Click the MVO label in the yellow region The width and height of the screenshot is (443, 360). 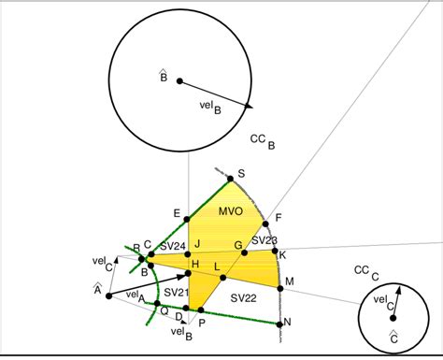point(231,211)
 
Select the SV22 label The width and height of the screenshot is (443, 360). point(243,297)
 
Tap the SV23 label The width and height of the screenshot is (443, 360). point(264,241)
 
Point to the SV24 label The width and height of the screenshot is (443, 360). point(172,247)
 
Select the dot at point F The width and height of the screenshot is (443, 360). point(266,222)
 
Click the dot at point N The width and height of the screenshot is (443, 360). point(279,324)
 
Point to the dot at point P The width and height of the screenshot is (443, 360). point(189,313)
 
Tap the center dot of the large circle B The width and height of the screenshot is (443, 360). point(180,80)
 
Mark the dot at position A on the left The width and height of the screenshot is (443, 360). point(109,296)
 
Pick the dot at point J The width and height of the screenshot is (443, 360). point(189,253)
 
